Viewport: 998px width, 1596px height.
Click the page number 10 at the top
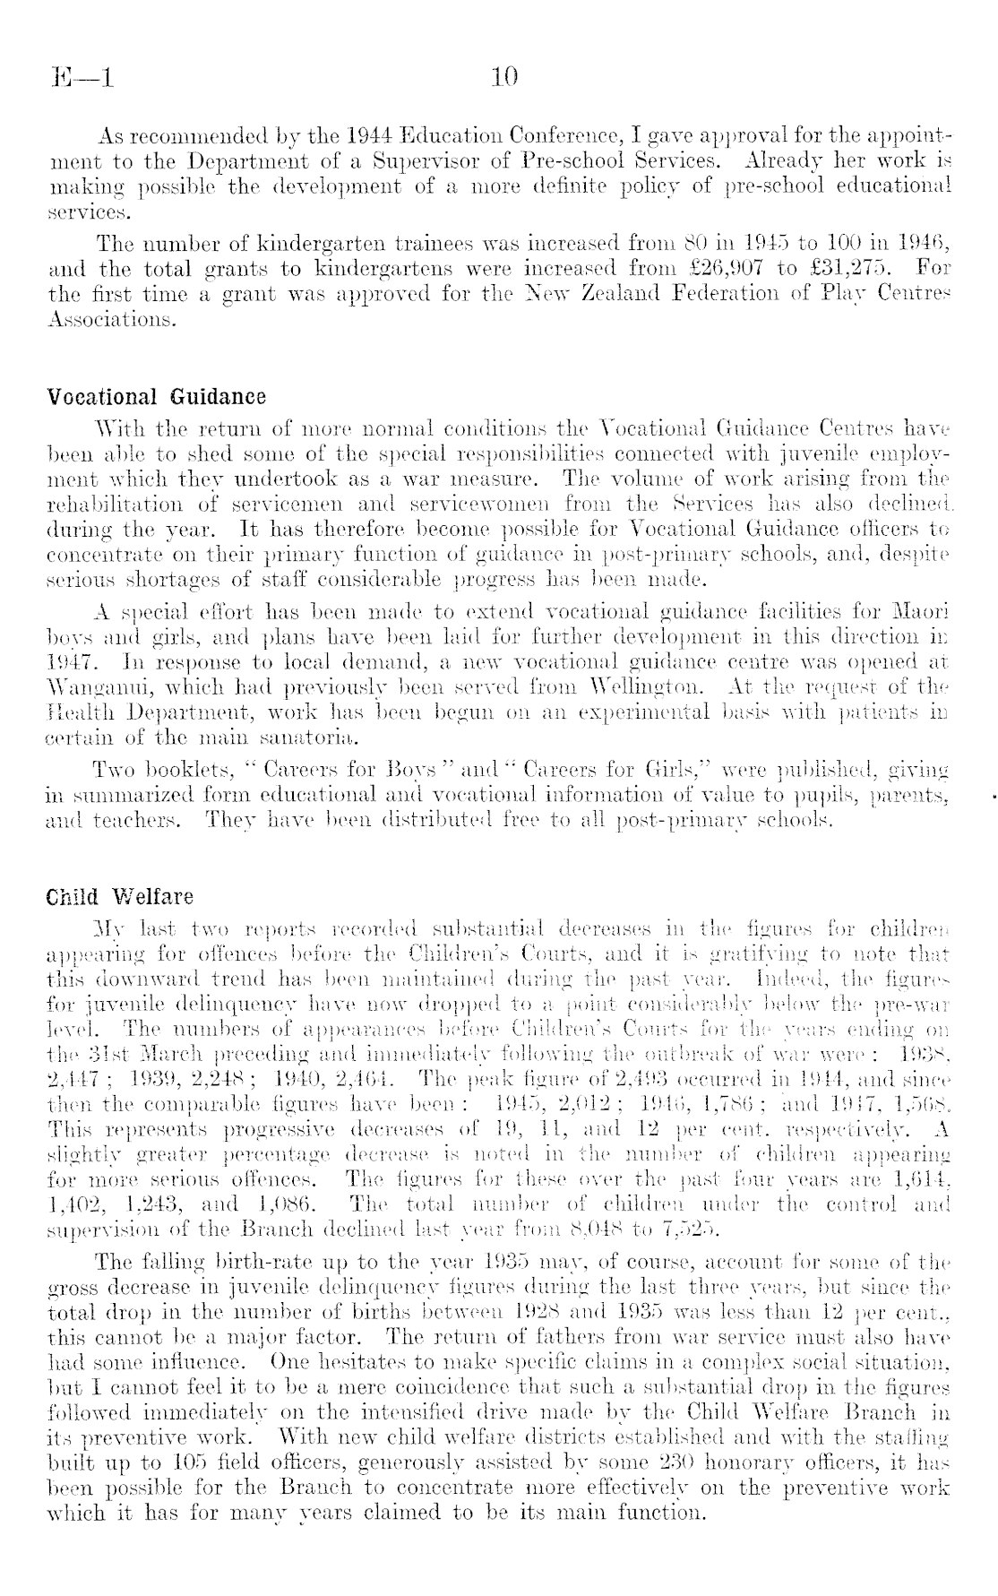[505, 78]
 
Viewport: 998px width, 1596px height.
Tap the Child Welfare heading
[120, 896]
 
